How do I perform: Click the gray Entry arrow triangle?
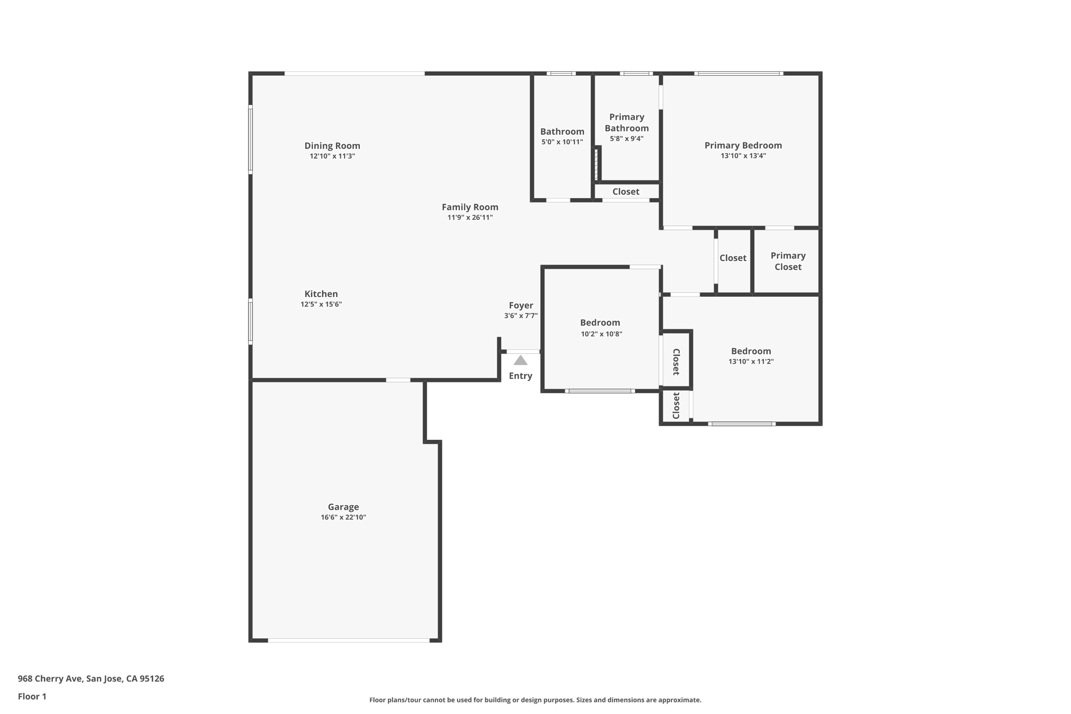coord(520,360)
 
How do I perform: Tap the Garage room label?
coord(343,507)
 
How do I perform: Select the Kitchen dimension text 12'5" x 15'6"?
coord(321,304)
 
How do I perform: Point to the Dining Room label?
coord(332,146)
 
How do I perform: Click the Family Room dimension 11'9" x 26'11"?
coord(470,218)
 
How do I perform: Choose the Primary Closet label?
coord(788,261)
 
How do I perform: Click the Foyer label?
coord(521,305)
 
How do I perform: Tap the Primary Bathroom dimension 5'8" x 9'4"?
coord(626,139)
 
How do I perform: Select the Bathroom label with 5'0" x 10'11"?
coord(562,132)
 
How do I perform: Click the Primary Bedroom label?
coord(743,145)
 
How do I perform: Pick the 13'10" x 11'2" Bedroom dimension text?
coord(751,361)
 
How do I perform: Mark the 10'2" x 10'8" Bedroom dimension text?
coord(601,334)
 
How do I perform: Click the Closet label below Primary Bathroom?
coord(625,191)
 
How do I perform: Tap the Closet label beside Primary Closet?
coord(733,258)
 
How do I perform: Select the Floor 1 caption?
coord(32,696)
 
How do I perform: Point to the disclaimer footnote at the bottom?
coord(535,700)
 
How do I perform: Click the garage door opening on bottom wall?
coord(349,640)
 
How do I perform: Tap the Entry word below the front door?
coord(520,376)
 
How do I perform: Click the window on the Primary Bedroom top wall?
coord(738,74)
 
